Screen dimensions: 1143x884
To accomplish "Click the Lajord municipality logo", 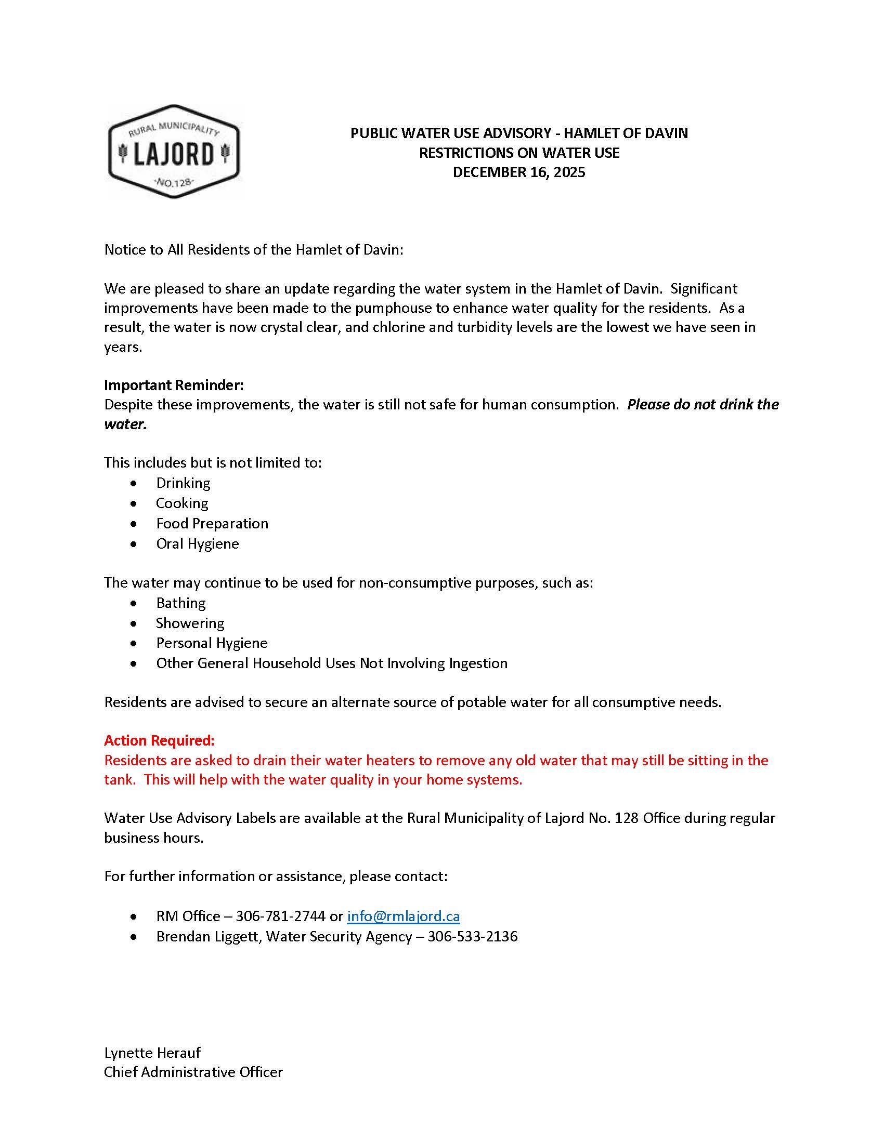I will (x=174, y=152).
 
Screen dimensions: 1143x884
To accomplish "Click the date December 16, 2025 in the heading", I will (x=518, y=172).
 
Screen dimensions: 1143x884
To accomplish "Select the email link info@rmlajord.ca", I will (x=403, y=916).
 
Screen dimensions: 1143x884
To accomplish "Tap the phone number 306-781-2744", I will (x=280, y=916).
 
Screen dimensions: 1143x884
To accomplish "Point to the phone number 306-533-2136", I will (x=472, y=936).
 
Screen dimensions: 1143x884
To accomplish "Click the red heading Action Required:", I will (x=159, y=740).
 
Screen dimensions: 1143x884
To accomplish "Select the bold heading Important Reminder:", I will (x=174, y=384).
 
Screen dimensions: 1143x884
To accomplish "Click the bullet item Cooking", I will (x=181, y=503).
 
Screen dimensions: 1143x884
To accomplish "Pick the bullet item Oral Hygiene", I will (x=198, y=543).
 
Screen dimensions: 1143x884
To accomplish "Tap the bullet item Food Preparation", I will (x=212, y=523).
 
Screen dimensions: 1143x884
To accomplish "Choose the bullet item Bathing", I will (x=180, y=603).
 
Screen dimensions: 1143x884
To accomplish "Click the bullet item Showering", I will (x=190, y=623).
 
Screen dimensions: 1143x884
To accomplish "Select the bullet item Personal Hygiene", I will (x=212, y=643).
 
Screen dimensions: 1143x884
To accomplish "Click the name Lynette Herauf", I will (x=152, y=1053).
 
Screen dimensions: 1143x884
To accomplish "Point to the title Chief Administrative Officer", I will (x=193, y=1072).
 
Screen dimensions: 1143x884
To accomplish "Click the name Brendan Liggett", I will (x=208, y=936).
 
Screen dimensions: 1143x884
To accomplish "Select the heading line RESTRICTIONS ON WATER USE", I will (x=518, y=153).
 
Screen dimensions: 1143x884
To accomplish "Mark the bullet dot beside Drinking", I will (x=135, y=483).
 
